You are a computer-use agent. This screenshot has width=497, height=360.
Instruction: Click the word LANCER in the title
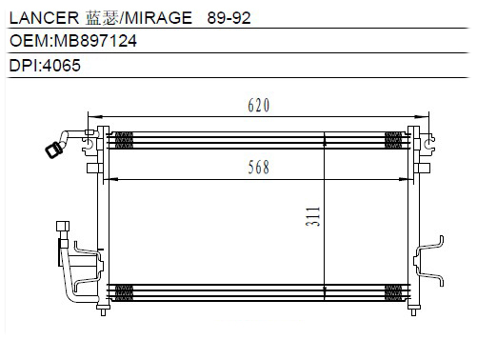(x=44, y=18)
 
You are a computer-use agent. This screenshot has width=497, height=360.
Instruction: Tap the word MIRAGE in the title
(x=158, y=18)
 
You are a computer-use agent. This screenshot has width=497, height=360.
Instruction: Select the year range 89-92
(x=229, y=18)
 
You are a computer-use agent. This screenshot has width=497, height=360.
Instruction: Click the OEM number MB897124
(x=95, y=41)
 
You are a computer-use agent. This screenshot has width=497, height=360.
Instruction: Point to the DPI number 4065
(x=62, y=66)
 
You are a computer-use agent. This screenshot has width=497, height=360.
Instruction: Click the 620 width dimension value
(x=259, y=106)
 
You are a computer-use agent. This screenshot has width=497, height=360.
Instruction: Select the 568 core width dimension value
(x=259, y=167)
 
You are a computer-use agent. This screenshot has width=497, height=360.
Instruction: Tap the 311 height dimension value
(x=313, y=216)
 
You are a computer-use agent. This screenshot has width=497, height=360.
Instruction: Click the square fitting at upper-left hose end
(x=54, y=150)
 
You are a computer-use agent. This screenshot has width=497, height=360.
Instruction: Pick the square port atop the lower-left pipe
(x=63, y=226)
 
